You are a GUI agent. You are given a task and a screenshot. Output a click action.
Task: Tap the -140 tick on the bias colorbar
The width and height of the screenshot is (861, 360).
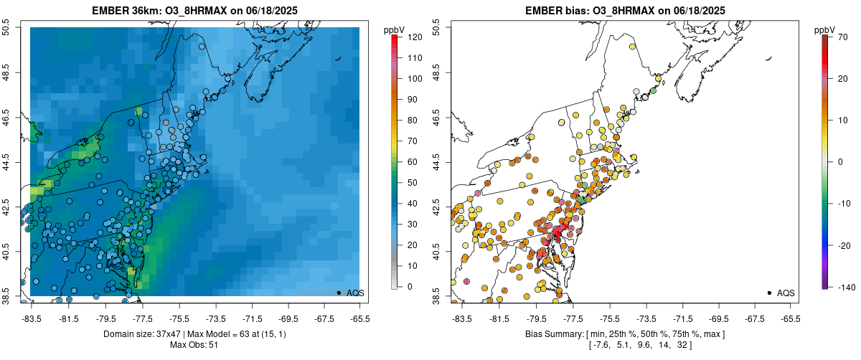844,287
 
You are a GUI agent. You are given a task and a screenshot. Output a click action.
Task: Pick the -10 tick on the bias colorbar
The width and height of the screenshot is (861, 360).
844,203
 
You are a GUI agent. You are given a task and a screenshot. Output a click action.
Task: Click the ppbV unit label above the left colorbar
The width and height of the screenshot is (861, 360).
394,29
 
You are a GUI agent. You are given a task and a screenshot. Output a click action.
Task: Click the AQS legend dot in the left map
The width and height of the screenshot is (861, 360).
338,293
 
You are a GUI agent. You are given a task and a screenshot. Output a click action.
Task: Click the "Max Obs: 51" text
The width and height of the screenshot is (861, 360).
194,345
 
